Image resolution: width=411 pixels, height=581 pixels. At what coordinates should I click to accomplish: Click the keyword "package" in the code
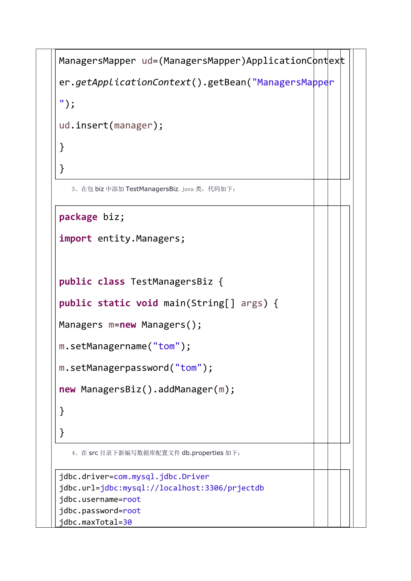[x=78, y=217]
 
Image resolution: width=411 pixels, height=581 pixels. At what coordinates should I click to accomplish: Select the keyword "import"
[x=75, y=239]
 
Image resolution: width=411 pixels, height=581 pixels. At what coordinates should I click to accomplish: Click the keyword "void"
[x=147, y=303]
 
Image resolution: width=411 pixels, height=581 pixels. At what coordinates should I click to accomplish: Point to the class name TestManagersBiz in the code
[x=172, y=282]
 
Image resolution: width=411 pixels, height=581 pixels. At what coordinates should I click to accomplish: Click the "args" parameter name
[x=252, y=303]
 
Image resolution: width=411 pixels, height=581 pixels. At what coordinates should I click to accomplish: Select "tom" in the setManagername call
[x=166, y=346]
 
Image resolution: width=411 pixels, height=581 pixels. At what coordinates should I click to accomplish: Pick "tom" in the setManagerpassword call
[x=188, y=368]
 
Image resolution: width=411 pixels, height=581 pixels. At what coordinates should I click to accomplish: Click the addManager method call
[x=185, y=389]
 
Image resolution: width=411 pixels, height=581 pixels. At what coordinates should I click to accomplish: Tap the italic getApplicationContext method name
[x=133, y=82]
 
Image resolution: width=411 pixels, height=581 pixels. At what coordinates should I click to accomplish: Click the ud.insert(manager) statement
[x=111, y=126]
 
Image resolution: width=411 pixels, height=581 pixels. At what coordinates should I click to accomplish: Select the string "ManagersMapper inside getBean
[x=293, y=82]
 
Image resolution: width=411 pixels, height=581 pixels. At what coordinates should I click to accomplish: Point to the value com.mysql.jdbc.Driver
[x=161, y=477]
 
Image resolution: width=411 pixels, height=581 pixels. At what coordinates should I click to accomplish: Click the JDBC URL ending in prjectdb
[x=182, y=488]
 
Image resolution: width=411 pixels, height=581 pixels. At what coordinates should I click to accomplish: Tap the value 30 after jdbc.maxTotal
[x=127, y=522]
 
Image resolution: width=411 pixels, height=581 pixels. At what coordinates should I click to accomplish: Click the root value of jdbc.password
[x=132, y=511]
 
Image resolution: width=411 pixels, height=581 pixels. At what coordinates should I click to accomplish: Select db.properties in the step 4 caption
[x=203, y=453]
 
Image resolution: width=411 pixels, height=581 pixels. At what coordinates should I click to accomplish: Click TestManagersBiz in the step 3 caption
[x=152, y=189]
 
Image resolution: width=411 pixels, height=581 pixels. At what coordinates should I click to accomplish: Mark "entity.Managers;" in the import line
[x=141, y=239]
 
